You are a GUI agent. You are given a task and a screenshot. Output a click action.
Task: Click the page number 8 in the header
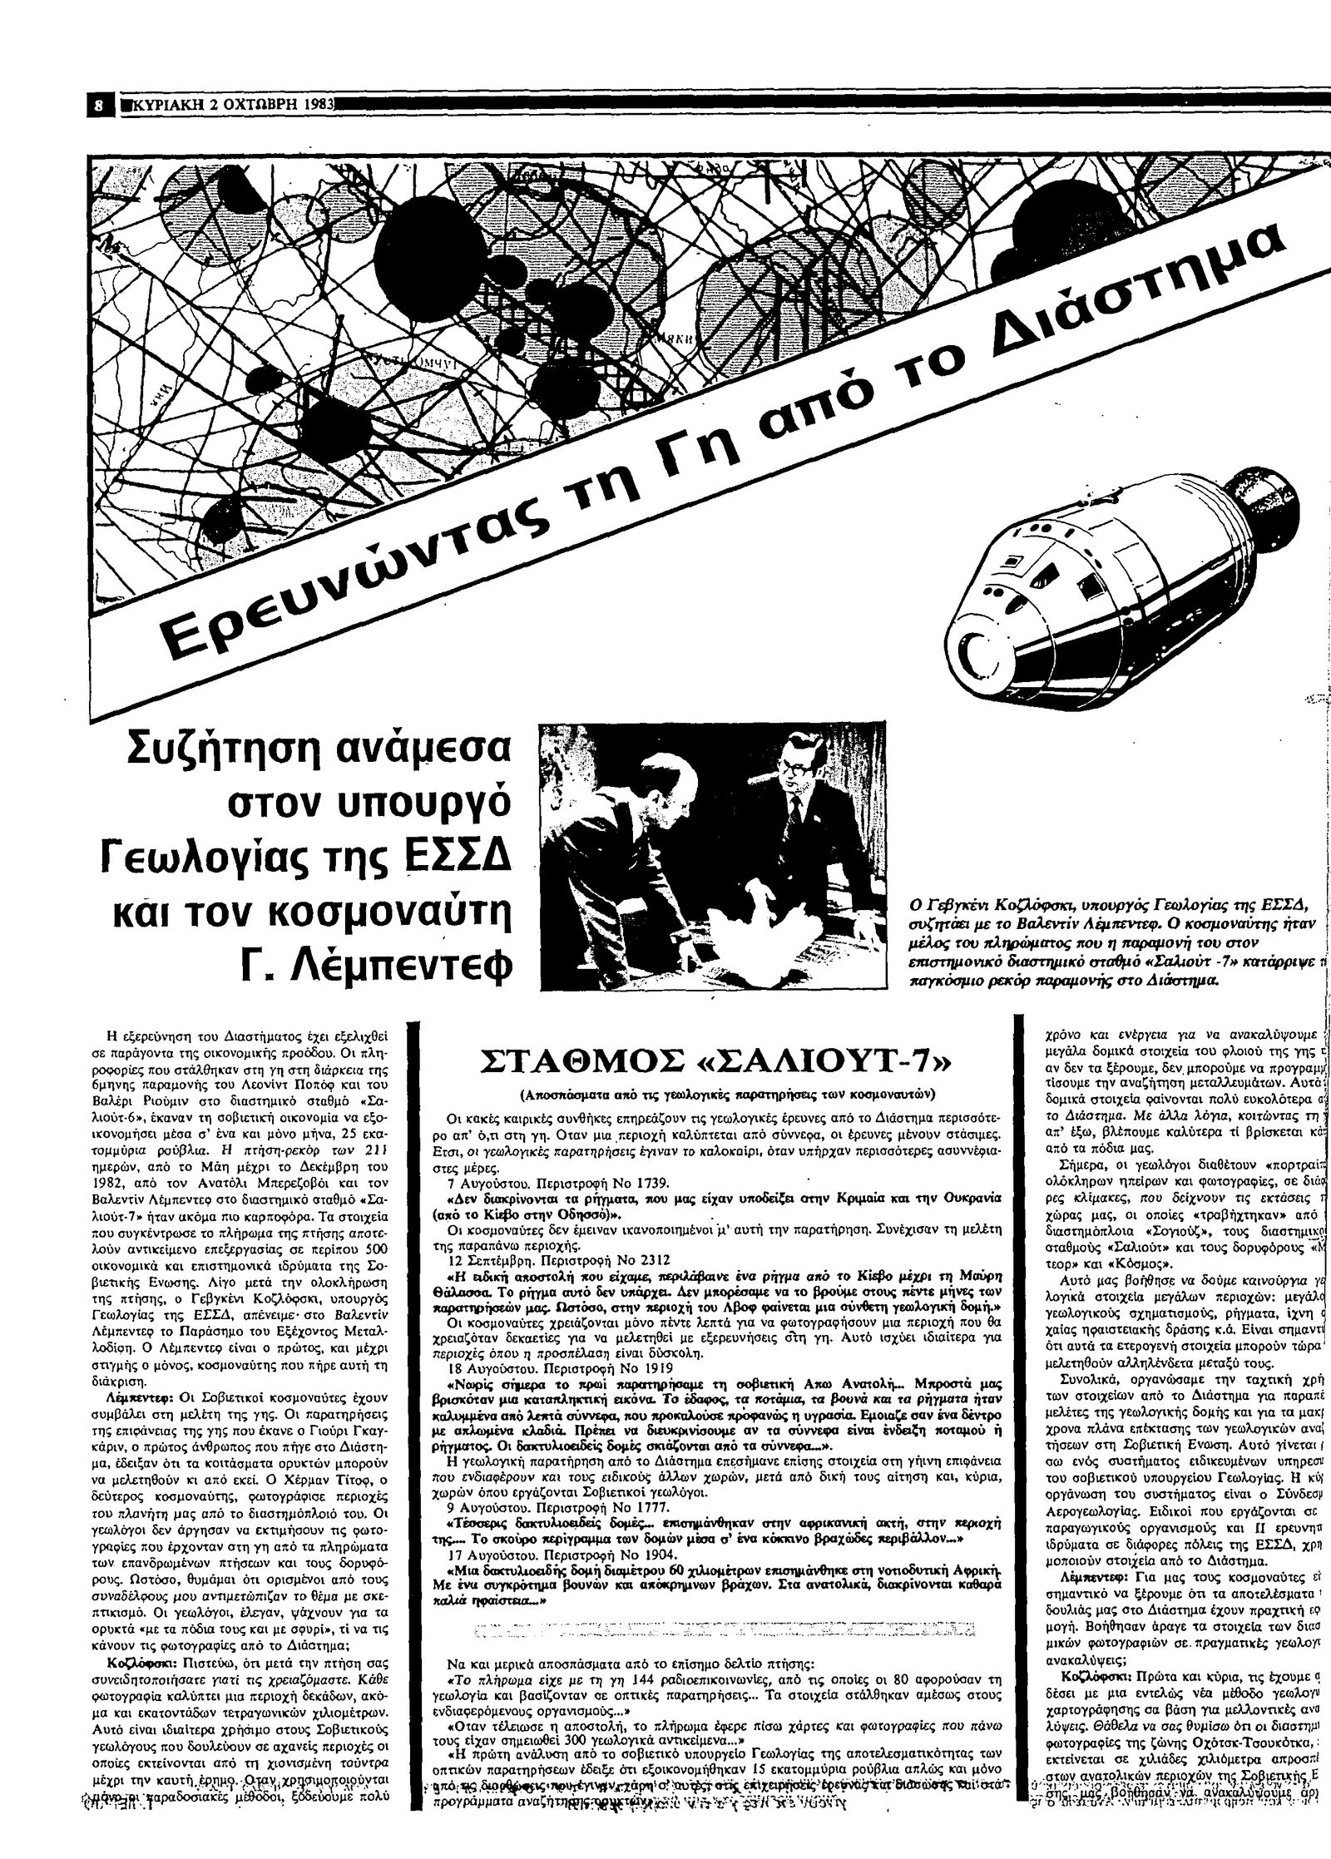click(x=99, y=106)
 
